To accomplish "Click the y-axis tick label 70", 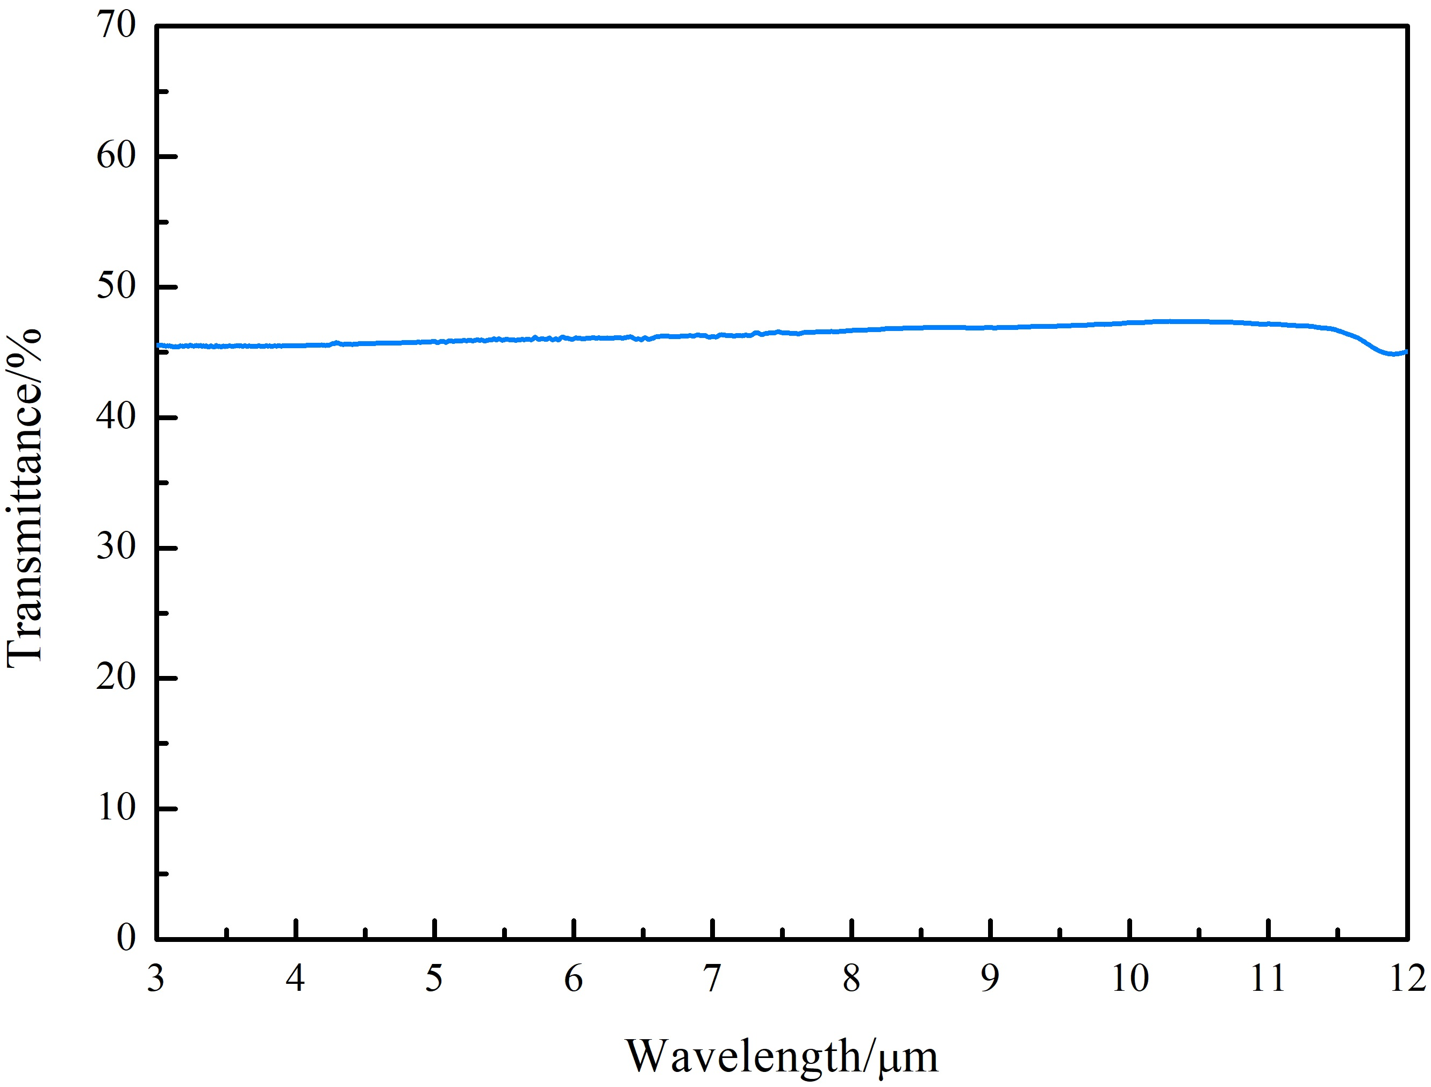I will pos(117,26).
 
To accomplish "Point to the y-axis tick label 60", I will pos(117,156).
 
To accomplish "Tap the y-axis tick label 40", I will pos(117,417).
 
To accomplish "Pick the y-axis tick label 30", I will pos(117,548).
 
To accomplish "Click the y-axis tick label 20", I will pos(117,678).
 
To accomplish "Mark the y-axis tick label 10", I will pos(117,808).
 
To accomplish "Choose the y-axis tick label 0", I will pos(126,938).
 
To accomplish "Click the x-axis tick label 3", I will pos(156,978).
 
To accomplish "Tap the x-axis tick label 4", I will pos(295,978).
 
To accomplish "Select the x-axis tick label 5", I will pos(434,978).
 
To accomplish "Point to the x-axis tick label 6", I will pos(574,978).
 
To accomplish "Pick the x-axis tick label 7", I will pos(713,978).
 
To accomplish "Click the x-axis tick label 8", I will pos(852,978).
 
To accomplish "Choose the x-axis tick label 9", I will pos(990,978).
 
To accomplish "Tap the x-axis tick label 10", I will pos(1130,978).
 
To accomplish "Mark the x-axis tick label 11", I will pos(1268,978).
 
